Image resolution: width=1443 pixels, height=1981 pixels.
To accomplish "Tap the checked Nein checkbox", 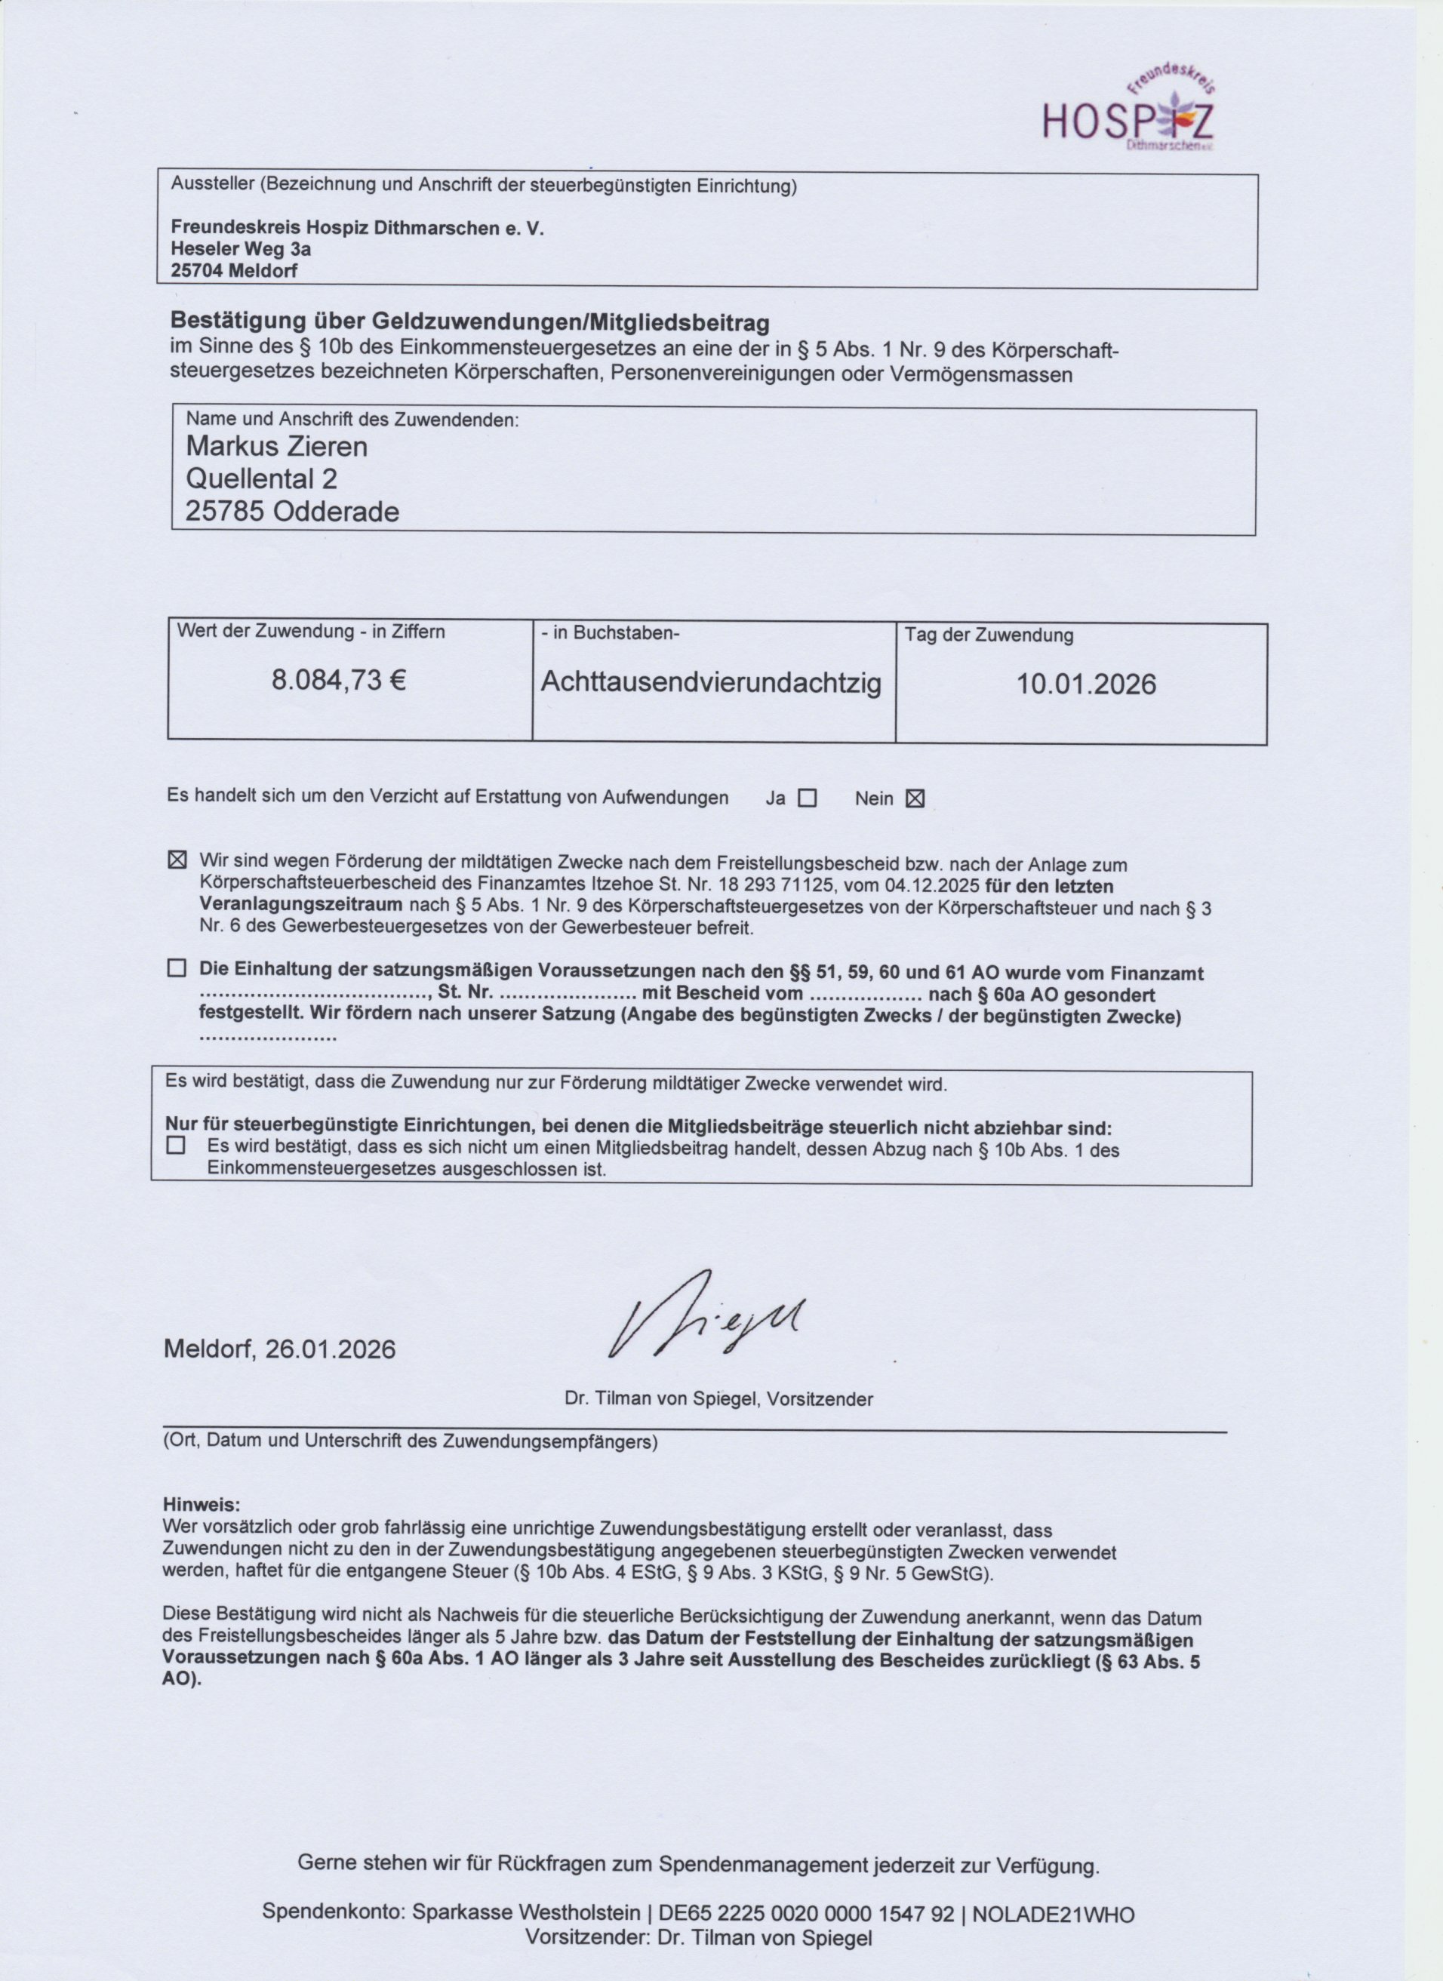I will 915,798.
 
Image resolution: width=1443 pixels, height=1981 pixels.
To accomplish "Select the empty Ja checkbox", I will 807,798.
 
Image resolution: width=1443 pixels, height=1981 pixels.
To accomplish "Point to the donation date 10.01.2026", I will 1086,683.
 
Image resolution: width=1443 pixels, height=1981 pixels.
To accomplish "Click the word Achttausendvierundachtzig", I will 711,682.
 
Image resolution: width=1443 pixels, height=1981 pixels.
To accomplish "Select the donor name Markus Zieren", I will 277,446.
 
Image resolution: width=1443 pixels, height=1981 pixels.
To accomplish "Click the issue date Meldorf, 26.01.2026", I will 279,1349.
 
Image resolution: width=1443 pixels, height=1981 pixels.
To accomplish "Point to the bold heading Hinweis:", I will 201,1505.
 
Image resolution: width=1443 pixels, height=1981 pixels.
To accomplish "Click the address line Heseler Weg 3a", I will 241,249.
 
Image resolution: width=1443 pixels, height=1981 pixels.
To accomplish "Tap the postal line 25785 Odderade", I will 292,511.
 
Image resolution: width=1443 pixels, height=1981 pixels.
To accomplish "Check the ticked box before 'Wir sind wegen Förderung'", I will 177,860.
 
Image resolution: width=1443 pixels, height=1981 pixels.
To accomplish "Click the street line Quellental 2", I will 261,478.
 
